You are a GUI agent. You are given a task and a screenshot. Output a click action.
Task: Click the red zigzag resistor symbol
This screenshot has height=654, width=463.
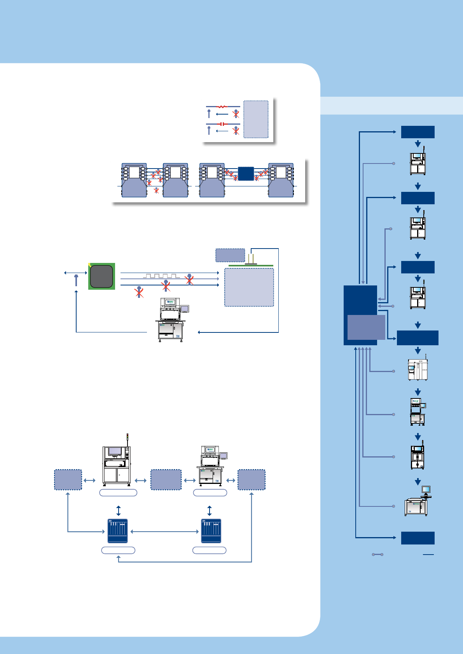222,106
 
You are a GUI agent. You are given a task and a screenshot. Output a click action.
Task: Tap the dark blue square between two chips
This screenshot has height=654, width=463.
246,174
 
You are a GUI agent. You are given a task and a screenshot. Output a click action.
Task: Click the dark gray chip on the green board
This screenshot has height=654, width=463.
101,276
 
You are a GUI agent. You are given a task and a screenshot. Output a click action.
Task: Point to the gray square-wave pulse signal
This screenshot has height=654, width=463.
161,276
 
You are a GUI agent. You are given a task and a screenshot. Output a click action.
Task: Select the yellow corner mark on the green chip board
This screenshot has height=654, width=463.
90,265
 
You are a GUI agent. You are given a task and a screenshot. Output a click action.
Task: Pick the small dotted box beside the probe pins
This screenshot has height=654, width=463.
230,255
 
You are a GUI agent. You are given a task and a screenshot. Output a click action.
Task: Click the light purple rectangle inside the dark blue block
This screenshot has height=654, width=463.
366,327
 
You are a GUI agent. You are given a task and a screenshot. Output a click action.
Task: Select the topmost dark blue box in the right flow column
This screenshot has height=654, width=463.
418,132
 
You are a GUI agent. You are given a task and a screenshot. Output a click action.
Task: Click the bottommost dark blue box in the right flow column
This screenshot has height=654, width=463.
418,538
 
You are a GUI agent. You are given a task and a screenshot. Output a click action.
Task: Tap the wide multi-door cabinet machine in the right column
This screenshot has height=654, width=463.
418,369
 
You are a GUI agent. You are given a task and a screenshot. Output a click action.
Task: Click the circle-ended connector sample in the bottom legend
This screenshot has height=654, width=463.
377,554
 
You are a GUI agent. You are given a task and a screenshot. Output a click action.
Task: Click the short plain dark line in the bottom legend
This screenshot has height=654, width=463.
428,554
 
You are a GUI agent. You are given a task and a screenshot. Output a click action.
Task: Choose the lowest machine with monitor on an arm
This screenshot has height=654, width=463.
418,502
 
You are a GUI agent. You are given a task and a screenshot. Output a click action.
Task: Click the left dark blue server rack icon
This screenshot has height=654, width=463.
117,531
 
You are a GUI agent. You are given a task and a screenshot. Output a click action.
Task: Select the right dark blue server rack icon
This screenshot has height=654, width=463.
211,531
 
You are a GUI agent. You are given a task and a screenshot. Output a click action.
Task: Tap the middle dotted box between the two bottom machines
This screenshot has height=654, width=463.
166,480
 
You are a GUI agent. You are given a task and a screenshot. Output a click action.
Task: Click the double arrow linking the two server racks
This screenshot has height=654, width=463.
164,532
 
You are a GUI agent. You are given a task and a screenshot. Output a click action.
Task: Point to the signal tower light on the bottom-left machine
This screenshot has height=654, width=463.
127,439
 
